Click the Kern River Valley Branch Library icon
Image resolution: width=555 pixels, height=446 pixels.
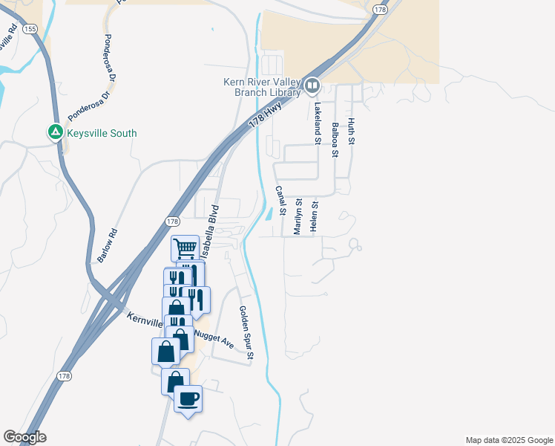312,87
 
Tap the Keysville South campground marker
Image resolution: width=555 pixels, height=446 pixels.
54,133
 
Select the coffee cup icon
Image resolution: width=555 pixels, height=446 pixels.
188,399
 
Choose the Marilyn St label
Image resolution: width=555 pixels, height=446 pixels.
298,216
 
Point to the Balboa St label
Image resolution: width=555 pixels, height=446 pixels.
335,140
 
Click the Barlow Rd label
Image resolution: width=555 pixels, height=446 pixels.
107,245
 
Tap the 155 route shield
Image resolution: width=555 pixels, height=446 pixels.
29,28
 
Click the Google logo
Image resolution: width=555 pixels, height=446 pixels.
24,437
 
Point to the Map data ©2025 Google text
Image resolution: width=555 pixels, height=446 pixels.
508,440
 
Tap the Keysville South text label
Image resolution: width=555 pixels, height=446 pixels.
102,134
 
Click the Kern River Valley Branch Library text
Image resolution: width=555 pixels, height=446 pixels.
263,87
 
